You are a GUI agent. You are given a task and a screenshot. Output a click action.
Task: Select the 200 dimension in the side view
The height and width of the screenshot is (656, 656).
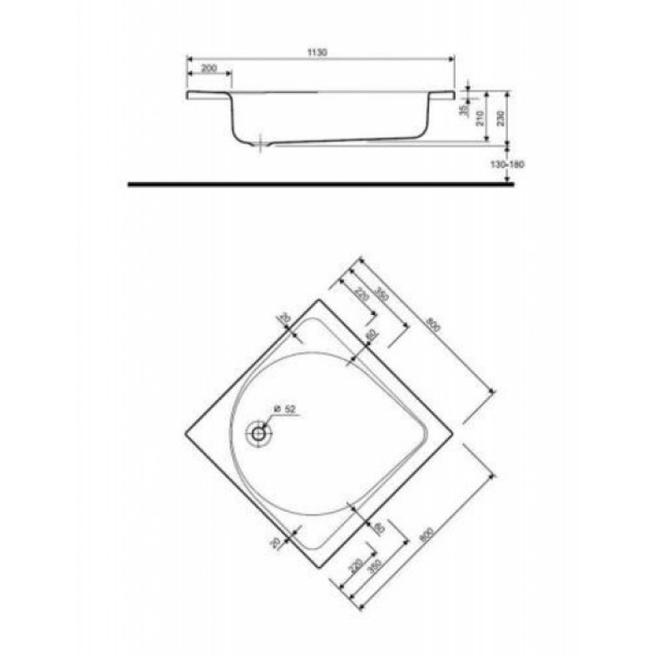pyautogui.click(x=209, y=70)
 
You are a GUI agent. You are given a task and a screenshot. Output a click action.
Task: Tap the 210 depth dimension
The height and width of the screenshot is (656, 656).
pyautogui.click(x=480, y=118)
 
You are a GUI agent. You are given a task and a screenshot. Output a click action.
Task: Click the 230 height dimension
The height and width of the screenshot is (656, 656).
pyautogui.click(x=501, y=118)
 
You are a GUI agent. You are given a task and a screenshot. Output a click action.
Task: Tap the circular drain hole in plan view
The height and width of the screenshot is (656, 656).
pyautogui.click(x=259, y=434)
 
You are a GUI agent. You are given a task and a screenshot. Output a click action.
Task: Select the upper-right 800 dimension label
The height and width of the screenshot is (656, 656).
pyautogui.click(x=432, y=325)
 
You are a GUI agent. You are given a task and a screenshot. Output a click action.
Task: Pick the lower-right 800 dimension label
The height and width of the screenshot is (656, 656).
pyautogui.click(x=427, y=534)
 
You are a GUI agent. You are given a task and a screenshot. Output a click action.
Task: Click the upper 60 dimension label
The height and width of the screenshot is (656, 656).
pyautogui.click(x=371, y=334)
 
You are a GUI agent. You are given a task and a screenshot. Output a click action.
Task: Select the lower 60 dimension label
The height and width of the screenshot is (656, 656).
pyautogui.click(x=377, y=530)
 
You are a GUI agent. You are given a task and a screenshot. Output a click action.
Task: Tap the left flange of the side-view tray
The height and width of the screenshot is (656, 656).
pyautogui.click(x=208, y=96)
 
